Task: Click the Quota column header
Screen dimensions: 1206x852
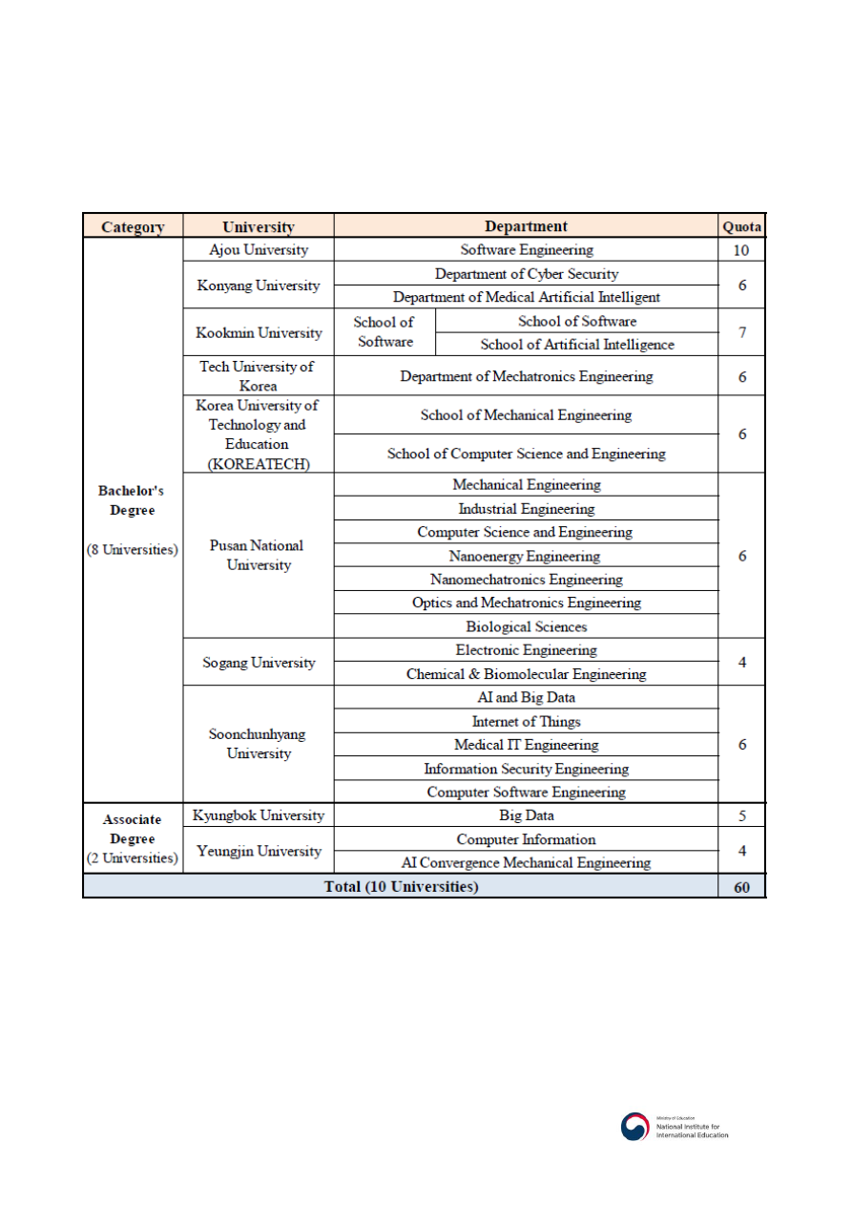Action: [741, 226]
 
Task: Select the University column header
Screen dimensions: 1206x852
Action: [258, 226]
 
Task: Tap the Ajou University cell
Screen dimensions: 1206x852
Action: [258, 250]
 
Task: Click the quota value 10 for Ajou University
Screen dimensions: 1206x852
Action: [741, 250]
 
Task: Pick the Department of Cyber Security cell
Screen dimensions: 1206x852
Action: [526, 274]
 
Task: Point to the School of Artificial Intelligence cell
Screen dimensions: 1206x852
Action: [576, 345]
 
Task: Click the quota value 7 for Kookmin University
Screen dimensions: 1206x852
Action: [741, 333]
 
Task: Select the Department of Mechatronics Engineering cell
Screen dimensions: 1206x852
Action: [526, 376]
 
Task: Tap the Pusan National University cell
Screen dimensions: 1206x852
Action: [258, 555]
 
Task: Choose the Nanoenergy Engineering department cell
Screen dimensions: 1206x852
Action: [526, 556]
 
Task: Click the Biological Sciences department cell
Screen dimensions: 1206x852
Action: [526, 626]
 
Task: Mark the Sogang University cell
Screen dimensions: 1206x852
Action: [258, 662]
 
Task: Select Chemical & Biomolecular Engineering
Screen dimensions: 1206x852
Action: [526, 674]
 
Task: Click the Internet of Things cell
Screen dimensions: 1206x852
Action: [526, 721]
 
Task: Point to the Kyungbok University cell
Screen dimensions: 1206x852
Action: [258, 815]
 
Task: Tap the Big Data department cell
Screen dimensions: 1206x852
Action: [526, 815]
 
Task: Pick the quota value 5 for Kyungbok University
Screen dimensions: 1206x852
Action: [741, 815]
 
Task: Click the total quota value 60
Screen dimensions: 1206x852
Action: [741, 887]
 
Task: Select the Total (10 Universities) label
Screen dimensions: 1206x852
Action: [401, 887]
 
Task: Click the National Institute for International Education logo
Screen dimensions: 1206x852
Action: [675, 1127]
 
